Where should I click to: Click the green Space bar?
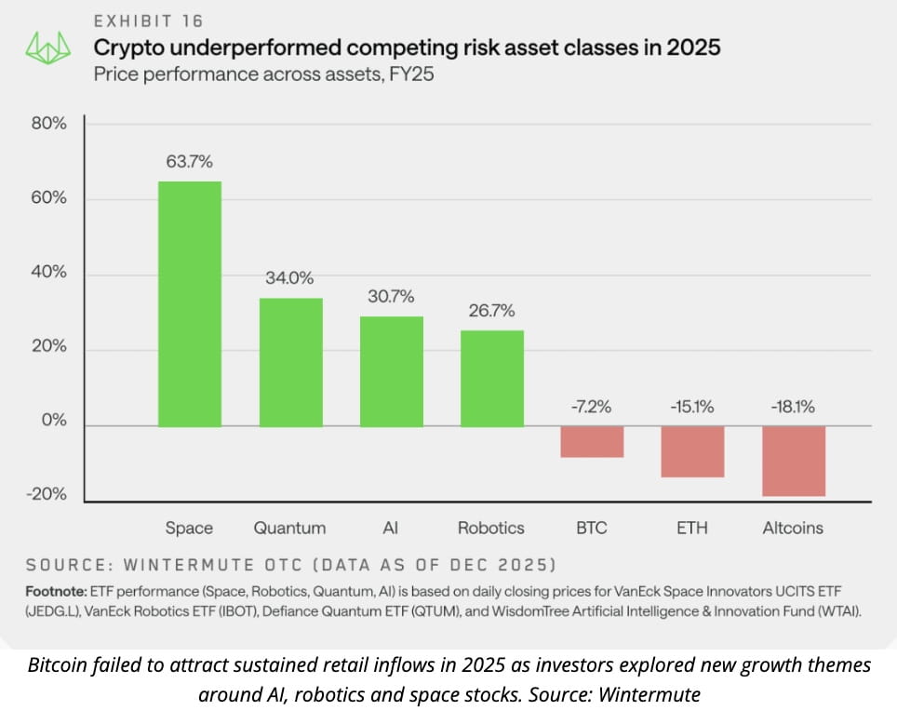coord(190,303)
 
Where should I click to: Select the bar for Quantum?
coord(290,362)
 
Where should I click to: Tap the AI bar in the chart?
coord(391,370)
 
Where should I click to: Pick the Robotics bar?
coord(491,378)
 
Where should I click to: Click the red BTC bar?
coord(592,442)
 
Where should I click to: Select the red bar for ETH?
coord(692,451)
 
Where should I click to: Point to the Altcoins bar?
coord(793,462)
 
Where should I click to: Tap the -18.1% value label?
coord(793,406)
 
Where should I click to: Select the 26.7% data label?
coord(491,310)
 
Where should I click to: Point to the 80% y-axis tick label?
coord(48,123)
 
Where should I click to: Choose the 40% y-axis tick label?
coord(48,273)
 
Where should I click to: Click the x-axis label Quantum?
coord(290,528)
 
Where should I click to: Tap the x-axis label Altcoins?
coord(793,528)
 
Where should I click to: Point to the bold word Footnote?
coord(58,592)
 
